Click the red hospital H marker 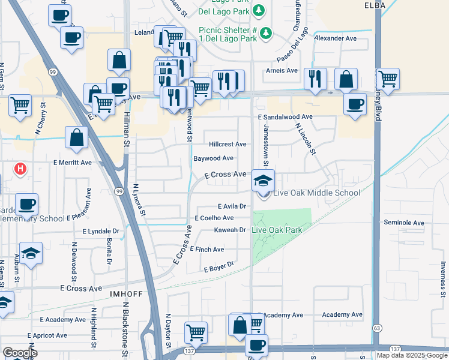pyautogui.click(x=20, y=169)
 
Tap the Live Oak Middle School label pyautogui.click(x=316, y=193)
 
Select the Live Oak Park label pyautogui.click(x=277, y=230)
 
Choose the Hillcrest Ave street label pyautogui.click(x=228, y=145)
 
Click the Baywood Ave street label pyautogui.click(x=213, y=158)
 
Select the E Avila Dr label pyautogui.click(x=232, y=206)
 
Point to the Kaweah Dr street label pyautogui.click(x=231, y=230)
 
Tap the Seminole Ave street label pyautogui.click(x=404, y=223)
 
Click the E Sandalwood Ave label pyautogui.click(x=285, y=117)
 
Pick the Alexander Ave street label pyautogui.click(x=336, y=38)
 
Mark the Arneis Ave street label pyautogui.click(x=282, y=70)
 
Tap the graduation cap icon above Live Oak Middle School pyautogui.click(x=263, y=179)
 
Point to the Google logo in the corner pyautogui.click(x=20, y=353)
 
